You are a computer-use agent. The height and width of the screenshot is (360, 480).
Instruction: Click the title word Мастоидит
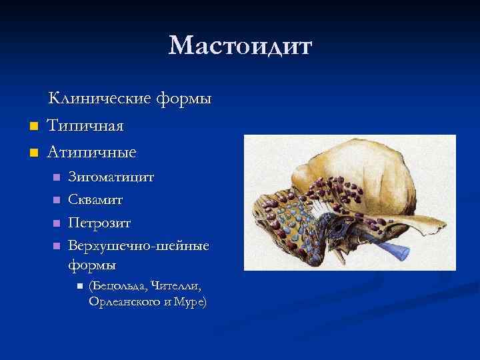(240, 46)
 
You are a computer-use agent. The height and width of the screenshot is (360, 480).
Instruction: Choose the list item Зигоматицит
(111, 177)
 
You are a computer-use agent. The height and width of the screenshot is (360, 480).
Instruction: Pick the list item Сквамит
(95, 199)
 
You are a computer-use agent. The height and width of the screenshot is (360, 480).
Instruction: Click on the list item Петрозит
(99, 222)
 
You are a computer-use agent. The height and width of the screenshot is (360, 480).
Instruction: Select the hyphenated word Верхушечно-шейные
(139, 245)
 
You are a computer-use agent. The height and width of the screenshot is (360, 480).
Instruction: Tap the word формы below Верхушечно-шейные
(92, 265)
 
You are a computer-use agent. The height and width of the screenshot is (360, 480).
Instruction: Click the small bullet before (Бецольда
(79, 286)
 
